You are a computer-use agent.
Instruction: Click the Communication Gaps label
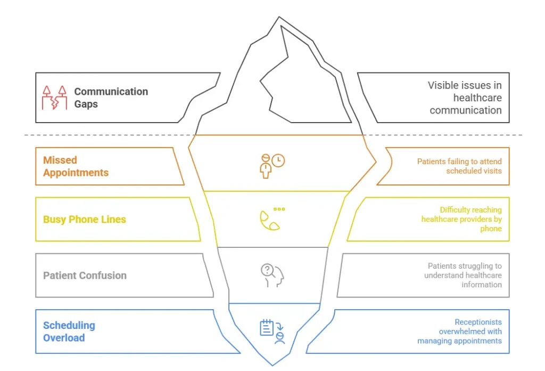pyautogui.click(x=111, y=98)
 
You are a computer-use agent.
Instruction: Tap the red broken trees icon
pyautogui.click(x=55, y=98)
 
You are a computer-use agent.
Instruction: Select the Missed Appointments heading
pyautogui.click(x=76, y=166)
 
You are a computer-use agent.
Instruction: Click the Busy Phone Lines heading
pyautogui.click(x=85, y=220)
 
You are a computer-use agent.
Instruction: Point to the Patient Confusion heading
pyautogui.click(x=85, y=276)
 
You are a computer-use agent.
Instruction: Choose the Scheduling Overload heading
pyautogui.click(x=69, y=331)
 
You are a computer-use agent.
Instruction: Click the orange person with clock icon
pyautogui.click(x=271, y=165)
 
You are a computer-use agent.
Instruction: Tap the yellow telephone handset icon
pyautogui.click(x=269, y=221)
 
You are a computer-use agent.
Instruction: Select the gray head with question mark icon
pyautogui.click(x=272, y=276)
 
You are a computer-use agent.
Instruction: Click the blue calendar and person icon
pyautogui.click(x=272, y=331)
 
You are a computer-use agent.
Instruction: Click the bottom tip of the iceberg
pyautogui.click(x=272, y=364)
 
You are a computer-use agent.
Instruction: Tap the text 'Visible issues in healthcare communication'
pyautogui.click(x=465, y=98)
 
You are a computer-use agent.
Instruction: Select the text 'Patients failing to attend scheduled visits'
pyautogui.click(x=459, y=166)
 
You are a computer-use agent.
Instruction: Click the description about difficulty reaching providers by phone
pyautogui.click(x=461, y=219)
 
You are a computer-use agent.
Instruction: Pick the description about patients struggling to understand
pyautogui.click(x=463, y=275)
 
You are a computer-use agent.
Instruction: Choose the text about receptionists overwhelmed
pyautogui.click(x=459, y=331)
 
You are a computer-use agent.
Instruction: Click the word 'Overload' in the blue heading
pyautogui.click(x=64, y=337)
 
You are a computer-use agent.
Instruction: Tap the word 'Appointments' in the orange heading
pyautogui.click(x=76, y=173)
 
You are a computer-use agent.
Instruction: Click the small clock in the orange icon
pyautogui.click(x=278, y=160)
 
